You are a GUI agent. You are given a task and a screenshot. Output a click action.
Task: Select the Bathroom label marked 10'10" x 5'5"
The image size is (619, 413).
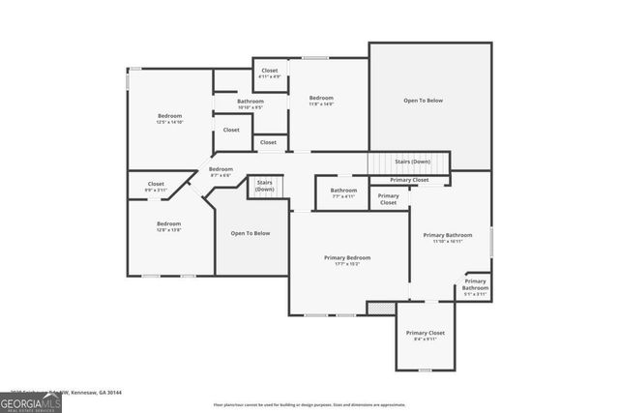pos(251,103)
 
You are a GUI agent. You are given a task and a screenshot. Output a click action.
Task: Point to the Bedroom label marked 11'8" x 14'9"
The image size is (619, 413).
pos(321,101)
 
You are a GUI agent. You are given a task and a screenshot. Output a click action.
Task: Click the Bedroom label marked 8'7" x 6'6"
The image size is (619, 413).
pos(221,172)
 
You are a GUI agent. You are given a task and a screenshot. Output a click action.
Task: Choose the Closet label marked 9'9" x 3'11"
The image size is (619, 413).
pos(156,187)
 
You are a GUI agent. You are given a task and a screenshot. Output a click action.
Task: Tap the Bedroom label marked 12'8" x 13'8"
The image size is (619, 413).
pos(169,226)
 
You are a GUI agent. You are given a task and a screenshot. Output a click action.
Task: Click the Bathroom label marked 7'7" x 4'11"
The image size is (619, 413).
pos(343,193)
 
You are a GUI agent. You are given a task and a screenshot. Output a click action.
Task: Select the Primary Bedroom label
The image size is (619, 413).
pos(347,260)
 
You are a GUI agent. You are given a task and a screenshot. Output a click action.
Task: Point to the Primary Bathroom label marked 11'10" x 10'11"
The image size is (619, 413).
pos(447,238)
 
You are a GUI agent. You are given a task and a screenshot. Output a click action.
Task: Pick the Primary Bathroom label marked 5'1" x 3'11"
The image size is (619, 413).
pos(475,286)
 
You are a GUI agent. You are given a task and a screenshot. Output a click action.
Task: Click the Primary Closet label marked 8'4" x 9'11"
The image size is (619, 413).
pos(426,336)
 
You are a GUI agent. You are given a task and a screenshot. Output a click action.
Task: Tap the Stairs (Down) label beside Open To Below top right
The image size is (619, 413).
pos(413,162)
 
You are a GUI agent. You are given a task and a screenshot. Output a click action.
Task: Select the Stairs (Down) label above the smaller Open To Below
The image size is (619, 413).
pos(264,186)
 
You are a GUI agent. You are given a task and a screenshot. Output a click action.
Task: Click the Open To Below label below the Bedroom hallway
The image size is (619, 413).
pos(251,233)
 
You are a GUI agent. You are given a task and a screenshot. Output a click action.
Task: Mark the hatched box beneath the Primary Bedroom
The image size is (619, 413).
pos(375,308)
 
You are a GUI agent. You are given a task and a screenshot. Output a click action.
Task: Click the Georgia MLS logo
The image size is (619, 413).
pos(30,402)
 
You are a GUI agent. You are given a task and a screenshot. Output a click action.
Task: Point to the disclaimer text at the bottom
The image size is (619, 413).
pos(309,404)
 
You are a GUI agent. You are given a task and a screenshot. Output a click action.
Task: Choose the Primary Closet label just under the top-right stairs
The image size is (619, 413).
pos(409,180)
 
